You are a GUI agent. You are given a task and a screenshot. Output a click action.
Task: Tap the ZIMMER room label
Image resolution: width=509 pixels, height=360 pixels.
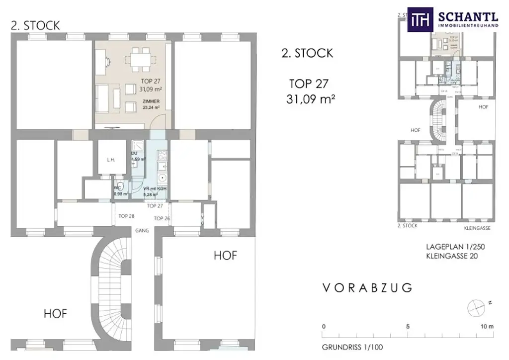[x=150, y=101]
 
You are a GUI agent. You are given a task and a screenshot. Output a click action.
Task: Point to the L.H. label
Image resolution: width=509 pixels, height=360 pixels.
[x=111, y=160]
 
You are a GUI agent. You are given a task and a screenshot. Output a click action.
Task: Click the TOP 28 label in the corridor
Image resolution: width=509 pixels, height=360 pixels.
[x=127, y=216]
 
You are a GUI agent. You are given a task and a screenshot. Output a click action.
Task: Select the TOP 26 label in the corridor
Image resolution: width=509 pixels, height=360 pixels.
[x=162, y=218]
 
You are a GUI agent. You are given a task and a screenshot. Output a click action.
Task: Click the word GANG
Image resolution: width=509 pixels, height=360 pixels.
[x=142, y=231]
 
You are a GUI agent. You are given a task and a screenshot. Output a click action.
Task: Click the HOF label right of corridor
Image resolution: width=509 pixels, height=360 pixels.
[x=225, y=256]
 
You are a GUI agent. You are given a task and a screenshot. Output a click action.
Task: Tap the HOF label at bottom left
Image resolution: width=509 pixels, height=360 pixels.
[x=55, y=314]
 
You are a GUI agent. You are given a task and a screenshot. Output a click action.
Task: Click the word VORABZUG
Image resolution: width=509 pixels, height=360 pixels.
[x=367, y=288]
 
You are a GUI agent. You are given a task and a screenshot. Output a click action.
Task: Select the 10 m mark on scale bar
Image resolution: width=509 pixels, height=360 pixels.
[x=487, y=327]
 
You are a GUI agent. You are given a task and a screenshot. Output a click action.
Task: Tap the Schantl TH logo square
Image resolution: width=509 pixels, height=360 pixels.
[x=421, y=20]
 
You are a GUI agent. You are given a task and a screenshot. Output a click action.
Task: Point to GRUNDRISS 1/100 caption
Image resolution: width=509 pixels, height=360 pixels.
[x=352, y=347]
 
